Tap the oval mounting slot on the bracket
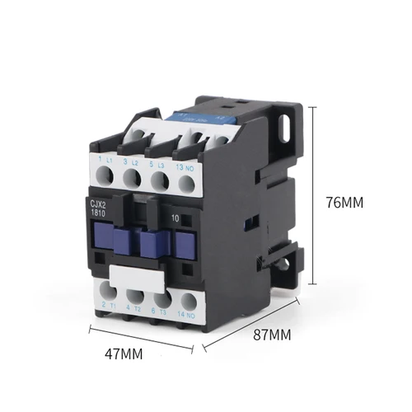pyautogui.click(x=288, y=126)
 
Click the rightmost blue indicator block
pyautogui.click(x=185, y=246)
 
